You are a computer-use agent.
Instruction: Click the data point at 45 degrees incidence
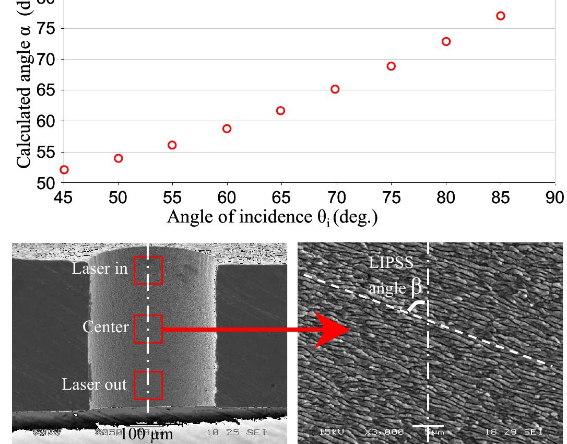coord(64,170)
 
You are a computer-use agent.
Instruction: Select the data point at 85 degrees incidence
coord(501,16)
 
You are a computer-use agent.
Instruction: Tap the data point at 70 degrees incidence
coord(335,89)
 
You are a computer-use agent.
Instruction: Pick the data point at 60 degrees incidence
coord(227,128)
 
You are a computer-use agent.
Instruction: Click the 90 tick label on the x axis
coord(556,197)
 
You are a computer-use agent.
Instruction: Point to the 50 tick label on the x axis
coord(118,197)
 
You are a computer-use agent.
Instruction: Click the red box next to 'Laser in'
coord(148,270)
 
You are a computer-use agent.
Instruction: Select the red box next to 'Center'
coord(148,329)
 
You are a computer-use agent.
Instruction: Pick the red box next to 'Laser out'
coord(148,385)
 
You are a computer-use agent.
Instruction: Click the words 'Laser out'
coord(94,384)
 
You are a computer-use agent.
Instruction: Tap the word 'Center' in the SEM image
coord(105,327)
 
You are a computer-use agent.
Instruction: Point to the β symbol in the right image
coord(416,287)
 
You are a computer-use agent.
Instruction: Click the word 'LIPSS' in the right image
coord(391,263)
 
